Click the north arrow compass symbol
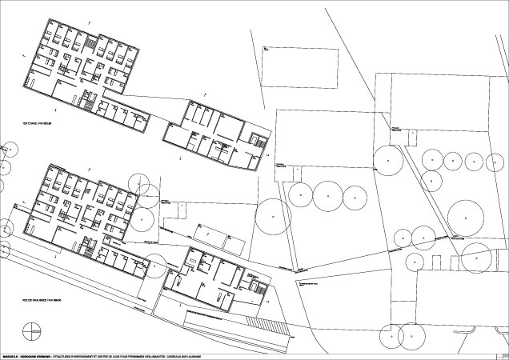coord(32,329)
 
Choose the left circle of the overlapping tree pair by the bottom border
coord(391,337)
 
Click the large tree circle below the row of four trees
coord(464,216)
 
